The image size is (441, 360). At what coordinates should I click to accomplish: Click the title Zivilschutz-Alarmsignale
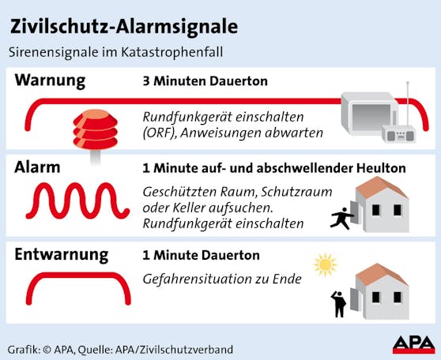[x=124, y=28]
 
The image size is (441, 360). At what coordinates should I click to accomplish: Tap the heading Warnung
[x=50, y=81]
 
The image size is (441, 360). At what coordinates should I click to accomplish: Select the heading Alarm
[x=37, y=167]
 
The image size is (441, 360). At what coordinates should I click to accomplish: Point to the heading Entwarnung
[x=62, y=255]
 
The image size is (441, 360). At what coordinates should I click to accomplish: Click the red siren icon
[x=96, y=132]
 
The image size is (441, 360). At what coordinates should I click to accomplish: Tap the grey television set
[x=369, y=114]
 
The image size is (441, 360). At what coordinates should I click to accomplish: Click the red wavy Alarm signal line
[x=77, y=201]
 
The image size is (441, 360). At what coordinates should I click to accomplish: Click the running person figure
[x=341, y=219]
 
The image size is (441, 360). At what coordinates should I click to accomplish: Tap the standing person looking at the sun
[x=338, y=304]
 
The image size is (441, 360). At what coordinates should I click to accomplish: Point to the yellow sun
[x=325, y=264]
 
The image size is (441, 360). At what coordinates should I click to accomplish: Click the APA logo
[x=413, y=345]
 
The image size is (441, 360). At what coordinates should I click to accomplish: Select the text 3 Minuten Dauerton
[x=205, y=81]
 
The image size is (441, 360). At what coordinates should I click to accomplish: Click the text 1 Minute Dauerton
[x=202, y=256]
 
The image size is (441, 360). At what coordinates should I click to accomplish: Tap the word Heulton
[x=382, y=168]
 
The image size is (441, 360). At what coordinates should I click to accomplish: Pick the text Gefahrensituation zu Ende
[x=222, y=279]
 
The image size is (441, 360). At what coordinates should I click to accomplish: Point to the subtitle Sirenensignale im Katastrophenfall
[x=116, y=53]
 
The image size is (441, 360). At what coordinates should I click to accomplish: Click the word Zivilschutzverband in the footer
[x=187, y=350]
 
